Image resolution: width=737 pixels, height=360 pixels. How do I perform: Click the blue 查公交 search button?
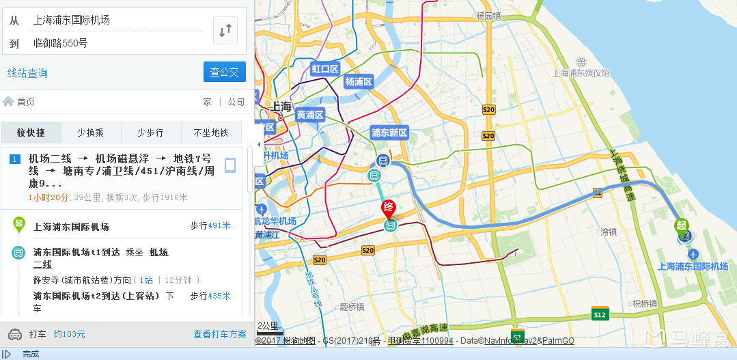(224, 72)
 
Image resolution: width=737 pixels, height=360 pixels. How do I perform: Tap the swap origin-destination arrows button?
(225, 30)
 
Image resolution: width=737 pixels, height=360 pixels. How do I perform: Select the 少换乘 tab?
(91, 133)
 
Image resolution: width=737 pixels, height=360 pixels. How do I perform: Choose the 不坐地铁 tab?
(211, 133)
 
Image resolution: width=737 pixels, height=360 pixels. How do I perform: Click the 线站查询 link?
(27, 73)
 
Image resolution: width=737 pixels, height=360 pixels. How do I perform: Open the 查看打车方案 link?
(219, 334)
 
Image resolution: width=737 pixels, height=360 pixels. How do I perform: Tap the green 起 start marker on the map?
(681, 225)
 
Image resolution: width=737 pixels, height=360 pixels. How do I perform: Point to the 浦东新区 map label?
(389, 133)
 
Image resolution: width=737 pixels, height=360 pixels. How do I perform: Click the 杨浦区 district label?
(358, 82)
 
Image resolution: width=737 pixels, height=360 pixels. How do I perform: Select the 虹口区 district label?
(325, 69)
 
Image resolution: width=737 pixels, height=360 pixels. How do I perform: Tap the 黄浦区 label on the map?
(309, 115)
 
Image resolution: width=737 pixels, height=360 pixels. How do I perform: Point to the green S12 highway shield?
(600, 314)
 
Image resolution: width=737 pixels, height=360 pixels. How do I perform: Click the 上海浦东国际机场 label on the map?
(693, 266)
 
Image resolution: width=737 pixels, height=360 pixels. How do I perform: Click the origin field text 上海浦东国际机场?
(72, 20)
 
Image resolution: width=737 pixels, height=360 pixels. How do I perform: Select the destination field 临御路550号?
(61, 43)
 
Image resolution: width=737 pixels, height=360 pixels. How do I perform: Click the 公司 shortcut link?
(236, 102)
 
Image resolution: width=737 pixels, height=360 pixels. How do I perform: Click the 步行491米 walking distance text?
(210, 225)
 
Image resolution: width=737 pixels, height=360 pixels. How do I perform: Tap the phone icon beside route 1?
(230, 165)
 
